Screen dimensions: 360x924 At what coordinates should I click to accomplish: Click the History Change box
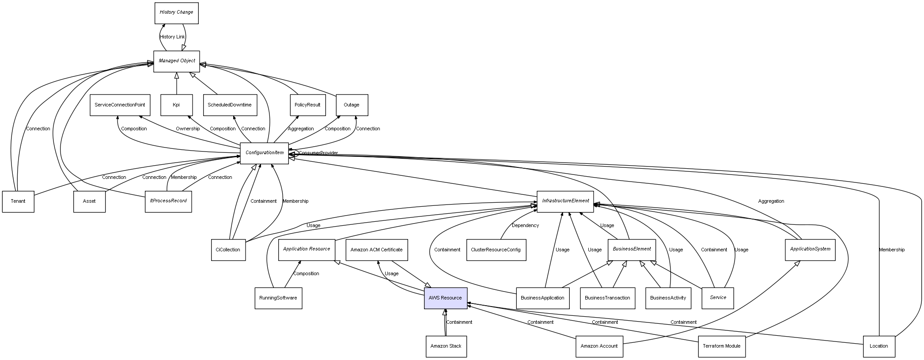176,13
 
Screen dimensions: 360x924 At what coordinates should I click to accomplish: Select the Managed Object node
177,61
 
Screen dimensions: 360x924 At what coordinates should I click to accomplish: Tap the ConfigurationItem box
264,153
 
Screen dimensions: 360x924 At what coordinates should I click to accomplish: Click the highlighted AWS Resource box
445,298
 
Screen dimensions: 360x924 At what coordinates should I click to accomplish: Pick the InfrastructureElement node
565,201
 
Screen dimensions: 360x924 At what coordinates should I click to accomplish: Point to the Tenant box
18,201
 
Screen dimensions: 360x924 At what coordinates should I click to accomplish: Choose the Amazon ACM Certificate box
376,250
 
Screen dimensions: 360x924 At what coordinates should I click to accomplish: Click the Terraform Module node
721,346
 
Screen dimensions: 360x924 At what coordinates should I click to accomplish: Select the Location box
879,346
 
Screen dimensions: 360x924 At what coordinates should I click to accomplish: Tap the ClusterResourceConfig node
496,250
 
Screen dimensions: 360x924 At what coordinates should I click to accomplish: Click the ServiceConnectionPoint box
120,105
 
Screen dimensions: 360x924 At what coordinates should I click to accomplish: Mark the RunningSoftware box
278,298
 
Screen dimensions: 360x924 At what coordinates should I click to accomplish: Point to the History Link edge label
172,37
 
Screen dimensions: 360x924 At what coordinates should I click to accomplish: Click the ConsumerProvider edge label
318,153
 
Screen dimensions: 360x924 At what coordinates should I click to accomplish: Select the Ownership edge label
188,129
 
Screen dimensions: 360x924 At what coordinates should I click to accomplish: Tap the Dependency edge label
525,226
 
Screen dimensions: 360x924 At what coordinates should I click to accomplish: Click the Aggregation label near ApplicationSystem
771,201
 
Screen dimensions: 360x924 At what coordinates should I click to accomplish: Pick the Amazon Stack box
446,346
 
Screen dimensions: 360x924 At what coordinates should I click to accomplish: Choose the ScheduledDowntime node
230,105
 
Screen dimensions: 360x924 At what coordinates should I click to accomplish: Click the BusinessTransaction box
607,298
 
